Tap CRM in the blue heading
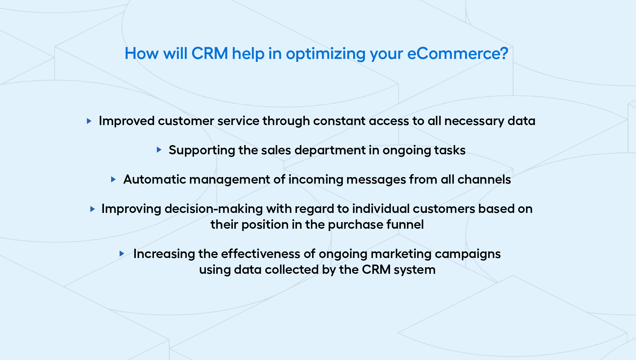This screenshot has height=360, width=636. coord(210,53)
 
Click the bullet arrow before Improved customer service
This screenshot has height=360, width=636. coord(89,121)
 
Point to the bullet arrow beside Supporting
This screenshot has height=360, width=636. coord(159,150)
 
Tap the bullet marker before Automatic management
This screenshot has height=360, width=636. coord(113,179)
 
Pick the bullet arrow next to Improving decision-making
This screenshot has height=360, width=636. coord(92,209)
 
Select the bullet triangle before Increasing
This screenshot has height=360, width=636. coord(122,254)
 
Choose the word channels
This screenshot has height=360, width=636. coord(484,179)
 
